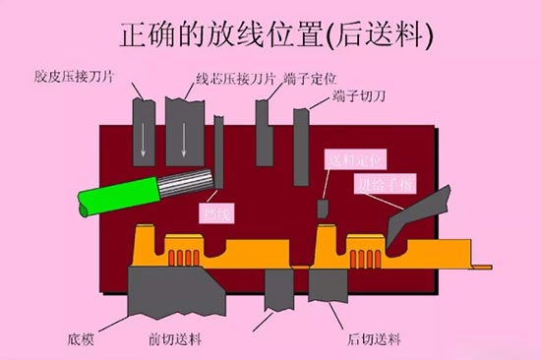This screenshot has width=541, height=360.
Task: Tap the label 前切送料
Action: [x=180, y=339]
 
